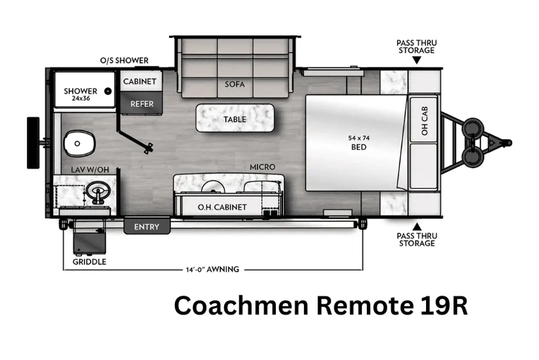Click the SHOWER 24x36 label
[x=80, y=94]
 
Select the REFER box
[x=142, y=103]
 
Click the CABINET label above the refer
[x=139, y=82]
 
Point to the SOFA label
[x=235, y=84]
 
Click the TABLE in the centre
[x=235, y=119]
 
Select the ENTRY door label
[x=147, y=227]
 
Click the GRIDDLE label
[x=89, y=262]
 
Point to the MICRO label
[x=262, y=167]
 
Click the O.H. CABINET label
[x=222, y=207]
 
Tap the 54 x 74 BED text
[x=359, y=142]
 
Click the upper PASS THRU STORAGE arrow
[x=416, y=60]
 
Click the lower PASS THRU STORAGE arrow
[x=416, y=226]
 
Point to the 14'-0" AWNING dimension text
[x=212, y=269]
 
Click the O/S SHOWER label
[x=124, y=60]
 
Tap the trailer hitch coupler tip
[x=509, y=141]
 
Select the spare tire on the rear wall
[x=33, y=142]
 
